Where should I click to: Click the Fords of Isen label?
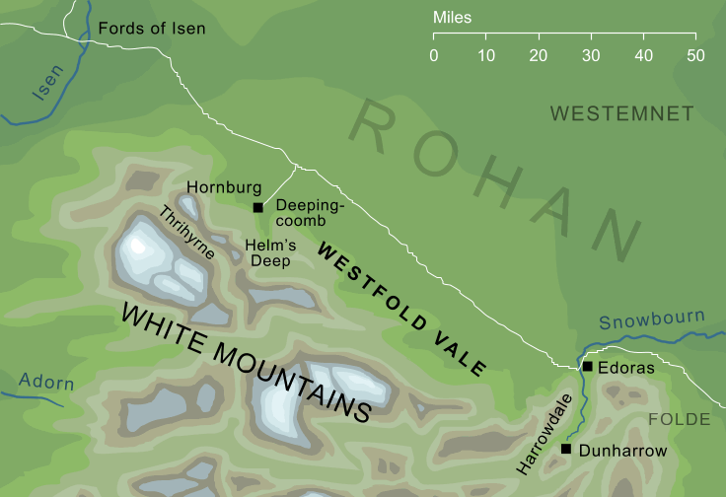[x=151, y=29]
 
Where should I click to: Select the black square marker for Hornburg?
[x=257, y=207]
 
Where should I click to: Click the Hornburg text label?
[x=224, y=186]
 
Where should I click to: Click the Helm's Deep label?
[x=267, y=253]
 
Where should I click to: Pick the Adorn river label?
[x=45, y=383]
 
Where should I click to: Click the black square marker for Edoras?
[x=588, y=366]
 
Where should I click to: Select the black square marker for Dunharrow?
[x=566, y=450]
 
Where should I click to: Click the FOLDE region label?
[x=679, y=420]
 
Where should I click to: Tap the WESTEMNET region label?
[x=621, y=114]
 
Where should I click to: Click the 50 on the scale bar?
[x=695, y=55]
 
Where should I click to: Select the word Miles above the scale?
[x=452, y=18]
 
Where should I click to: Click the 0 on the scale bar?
[x=434, y=55]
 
